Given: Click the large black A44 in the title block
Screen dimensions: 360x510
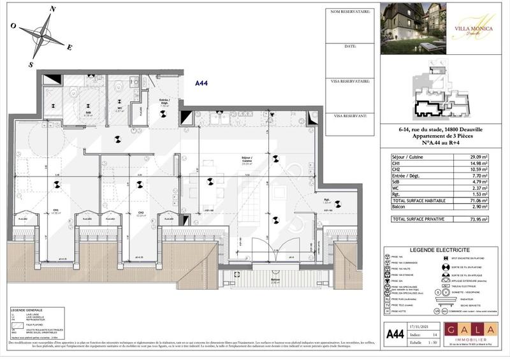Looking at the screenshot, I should pos(396,333).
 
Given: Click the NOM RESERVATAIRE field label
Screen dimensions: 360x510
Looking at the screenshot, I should pos(351,12).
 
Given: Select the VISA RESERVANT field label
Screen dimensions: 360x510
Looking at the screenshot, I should pos(347,116).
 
